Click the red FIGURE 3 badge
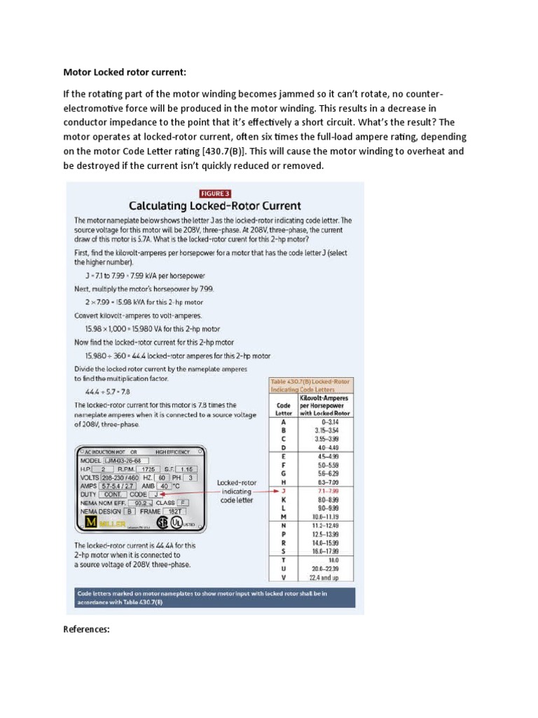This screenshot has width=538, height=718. click(x=214, y=194)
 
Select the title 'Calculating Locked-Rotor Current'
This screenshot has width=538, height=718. click(x=214, y=206)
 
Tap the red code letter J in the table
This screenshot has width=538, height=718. click(x=284, y=492)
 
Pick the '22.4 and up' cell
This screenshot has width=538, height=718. click(x=329, y=578)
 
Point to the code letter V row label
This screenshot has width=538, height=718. click(x=284, y=578)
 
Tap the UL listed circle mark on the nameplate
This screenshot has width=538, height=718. click(x=182, y=523)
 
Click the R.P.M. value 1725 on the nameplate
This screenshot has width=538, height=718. click(x=146, y=468)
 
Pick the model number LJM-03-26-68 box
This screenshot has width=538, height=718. click(x=127, y=460)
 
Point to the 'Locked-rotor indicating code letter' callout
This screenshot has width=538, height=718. click(x=237, y=492)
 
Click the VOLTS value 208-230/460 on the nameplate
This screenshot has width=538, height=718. click(x=124, y=477)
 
